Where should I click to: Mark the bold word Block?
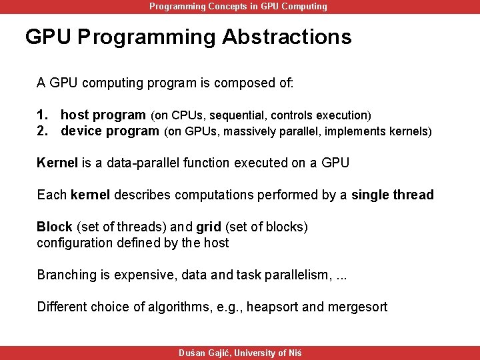(54, 227)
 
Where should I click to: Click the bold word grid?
(208, 227)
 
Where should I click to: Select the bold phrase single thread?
(392, 195)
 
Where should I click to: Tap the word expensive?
(137, 275)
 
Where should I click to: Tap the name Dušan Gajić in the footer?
(204, 353)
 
